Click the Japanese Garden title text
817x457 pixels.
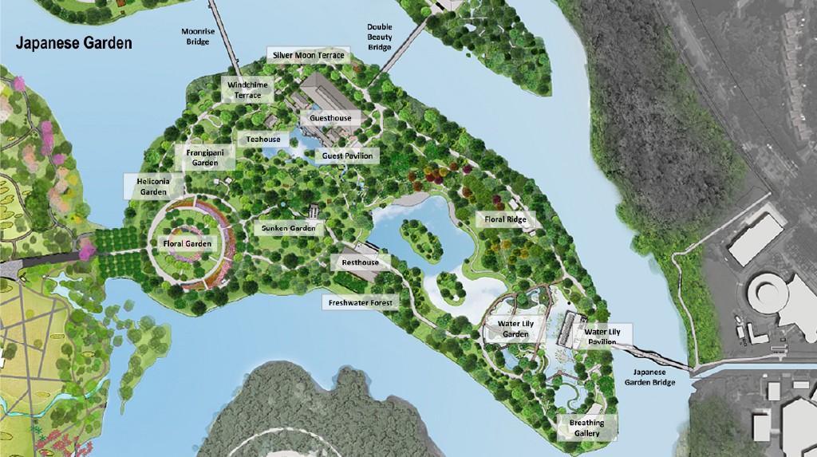(74, 43)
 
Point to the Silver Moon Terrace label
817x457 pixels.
(309, 55)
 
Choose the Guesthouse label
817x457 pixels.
(330, 118)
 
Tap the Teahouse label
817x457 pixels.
(263, 140)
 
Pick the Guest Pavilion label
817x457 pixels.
(347, 156)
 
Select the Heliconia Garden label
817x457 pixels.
(153, 187)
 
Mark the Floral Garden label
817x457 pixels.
(187, 243)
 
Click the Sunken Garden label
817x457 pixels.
(289, 228)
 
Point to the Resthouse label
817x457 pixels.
(360, 262)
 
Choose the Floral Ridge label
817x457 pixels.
(506, 219)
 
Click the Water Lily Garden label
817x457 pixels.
(516, 329)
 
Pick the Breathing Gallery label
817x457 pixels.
(586, 427)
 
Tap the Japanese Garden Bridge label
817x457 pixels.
(649, 376)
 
